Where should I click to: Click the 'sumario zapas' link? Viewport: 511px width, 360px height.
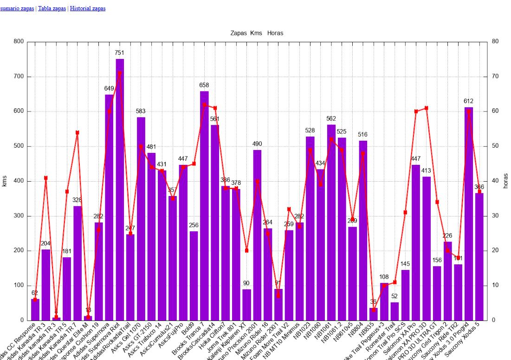(17, 8)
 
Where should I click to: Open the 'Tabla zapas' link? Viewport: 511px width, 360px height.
(52, 8)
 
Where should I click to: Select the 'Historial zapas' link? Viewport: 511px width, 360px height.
(87, 8)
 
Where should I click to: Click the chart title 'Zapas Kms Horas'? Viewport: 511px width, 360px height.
(257, 33)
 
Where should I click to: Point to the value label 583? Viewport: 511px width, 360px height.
(141, 111)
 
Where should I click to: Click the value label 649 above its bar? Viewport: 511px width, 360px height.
(109, 88)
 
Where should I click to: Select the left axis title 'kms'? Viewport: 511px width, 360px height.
(5, 181)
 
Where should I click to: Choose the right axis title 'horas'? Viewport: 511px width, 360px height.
(506, 181)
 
